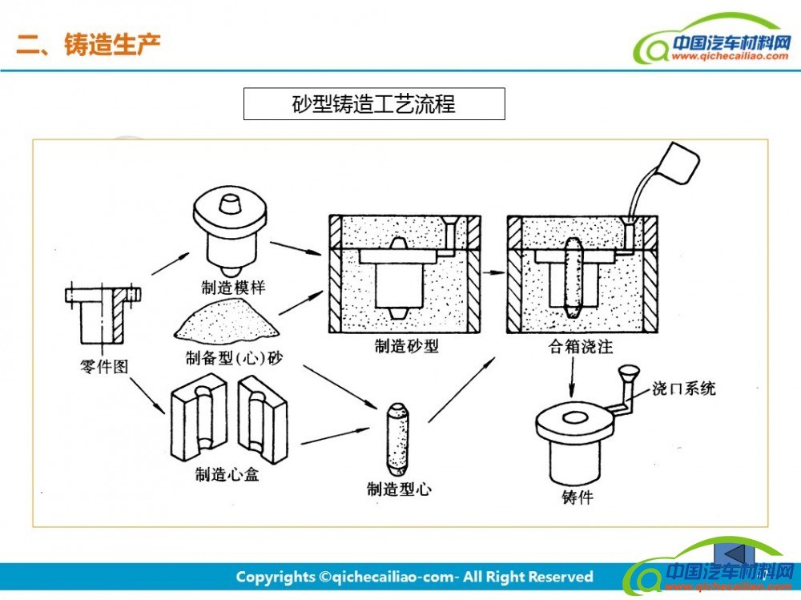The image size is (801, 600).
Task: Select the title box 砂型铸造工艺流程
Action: point(374,104)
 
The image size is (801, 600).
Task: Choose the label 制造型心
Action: point(398,489)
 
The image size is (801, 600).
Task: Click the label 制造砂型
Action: point(406,346)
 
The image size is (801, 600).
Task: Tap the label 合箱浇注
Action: point(583,346)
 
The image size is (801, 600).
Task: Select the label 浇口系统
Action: point(683,389)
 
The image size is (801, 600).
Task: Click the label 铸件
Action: point(578,497)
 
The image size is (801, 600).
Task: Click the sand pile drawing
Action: point(227,323)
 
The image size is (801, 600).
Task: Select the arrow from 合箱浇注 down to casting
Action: point(572,376)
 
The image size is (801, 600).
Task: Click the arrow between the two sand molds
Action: point(493,272)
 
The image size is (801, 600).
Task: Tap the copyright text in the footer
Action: point(414,577)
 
